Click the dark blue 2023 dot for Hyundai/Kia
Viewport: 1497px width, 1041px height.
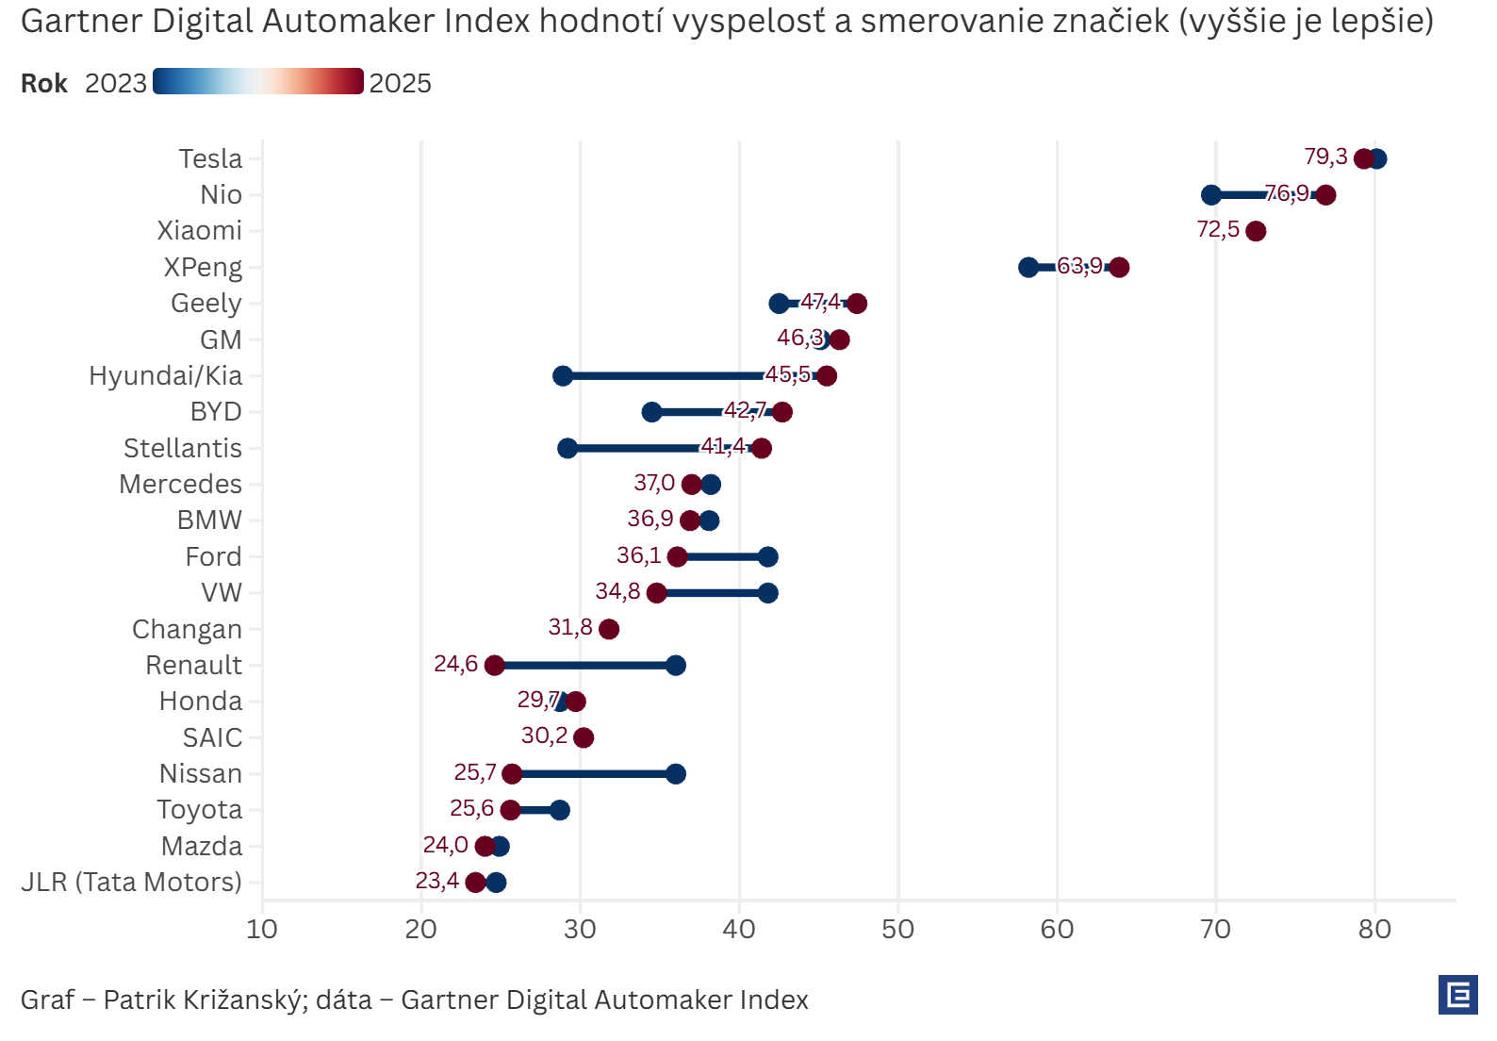(563, 376)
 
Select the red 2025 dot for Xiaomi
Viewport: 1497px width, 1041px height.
(1256, 231)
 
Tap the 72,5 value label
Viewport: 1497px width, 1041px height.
(1218, 229)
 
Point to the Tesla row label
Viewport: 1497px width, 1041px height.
(210, 158)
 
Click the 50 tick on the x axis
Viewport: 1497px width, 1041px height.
(897, 930)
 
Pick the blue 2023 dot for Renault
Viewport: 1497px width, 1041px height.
(676, 666)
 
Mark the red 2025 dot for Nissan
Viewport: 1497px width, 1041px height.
(512, 774)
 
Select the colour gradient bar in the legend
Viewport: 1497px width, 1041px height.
(257, 82)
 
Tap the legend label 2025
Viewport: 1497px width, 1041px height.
(400, 84)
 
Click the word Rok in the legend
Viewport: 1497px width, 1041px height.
(43, 84)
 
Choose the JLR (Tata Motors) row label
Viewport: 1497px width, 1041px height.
(131, 882)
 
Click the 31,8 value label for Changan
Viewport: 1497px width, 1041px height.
(570, 627)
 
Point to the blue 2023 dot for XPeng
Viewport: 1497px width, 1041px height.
(1028, 268)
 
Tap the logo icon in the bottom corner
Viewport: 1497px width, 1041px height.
(1457, 995)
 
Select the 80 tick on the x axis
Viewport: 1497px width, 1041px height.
(1374, 930)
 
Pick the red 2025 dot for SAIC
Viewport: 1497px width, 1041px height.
(584, 737)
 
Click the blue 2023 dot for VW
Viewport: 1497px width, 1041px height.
(768, 593)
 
